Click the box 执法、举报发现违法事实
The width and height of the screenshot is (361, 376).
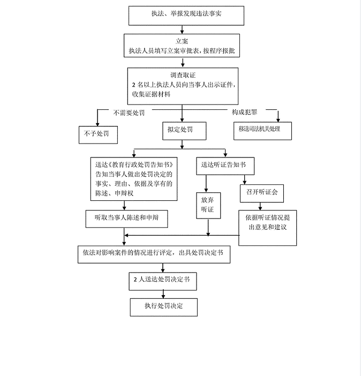186,15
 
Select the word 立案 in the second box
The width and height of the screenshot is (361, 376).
183,41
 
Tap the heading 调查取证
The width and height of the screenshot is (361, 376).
183,75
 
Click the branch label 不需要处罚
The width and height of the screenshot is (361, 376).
129,112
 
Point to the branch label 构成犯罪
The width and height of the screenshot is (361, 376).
244,112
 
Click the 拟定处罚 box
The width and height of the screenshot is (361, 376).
184,131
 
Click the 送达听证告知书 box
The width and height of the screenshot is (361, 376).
223,165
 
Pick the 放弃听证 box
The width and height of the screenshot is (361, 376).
207,205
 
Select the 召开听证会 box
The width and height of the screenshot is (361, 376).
262,192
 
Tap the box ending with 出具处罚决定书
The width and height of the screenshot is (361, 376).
154,254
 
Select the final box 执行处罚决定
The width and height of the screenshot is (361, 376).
163,306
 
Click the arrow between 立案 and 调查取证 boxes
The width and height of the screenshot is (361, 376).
182,63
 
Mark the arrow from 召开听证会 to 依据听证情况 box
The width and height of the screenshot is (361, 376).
262,205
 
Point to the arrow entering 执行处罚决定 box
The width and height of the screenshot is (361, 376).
163,294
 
